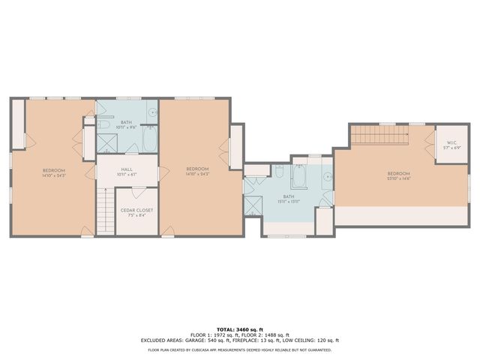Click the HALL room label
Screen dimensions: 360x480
(x=126, y=169)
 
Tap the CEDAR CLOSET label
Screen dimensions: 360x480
(x=136, y=210)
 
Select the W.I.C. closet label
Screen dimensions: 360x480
(x=451, y=142)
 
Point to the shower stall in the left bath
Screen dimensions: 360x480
(x=106, y=143)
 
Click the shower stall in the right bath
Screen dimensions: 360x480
(x=253, y=203)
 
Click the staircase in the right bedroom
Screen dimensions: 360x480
(x=379, y=135)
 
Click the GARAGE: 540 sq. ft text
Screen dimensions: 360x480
(x=223, y=340)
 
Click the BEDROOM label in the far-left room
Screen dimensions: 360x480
(x=53, y=169)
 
